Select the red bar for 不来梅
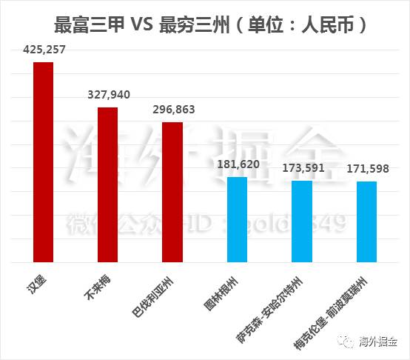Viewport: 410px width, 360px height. click(x=107, y=184)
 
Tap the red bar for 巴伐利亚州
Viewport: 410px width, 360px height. click(x=172, y=192)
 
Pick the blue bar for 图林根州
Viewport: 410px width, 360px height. click(x=237, y=219)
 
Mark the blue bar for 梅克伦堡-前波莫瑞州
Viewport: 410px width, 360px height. click(x=366, y=221)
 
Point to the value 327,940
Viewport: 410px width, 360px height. click(x=107, y=96)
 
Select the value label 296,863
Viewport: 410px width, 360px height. click(x=172, y=110)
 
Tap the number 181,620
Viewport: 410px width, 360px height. click(x=237, y=164)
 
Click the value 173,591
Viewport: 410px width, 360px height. click(x=301, y=168)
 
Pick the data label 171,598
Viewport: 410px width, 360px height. click(x=367, y=169)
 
